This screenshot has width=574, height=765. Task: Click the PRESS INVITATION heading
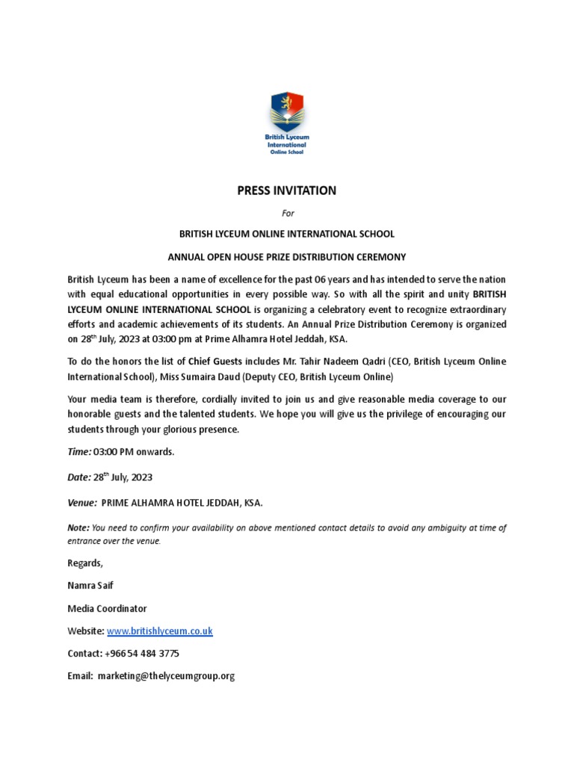tap(287, 191)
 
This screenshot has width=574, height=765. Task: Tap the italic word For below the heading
tap(287, 213)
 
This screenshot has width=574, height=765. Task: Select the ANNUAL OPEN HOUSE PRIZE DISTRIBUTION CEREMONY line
tap(287, 257)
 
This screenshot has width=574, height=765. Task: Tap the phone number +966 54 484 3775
tap(141, 654)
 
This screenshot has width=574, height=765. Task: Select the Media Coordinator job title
tap(107, 608)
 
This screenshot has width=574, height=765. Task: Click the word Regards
tap(85, 563)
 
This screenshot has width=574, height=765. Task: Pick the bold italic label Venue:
tap(81, 503)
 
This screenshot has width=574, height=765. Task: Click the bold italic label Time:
tap(79, 452)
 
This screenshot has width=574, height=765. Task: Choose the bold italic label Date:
tap(79, 477)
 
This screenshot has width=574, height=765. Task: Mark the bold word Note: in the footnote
tap(78, 527)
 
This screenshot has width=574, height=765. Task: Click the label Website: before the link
tap(86, 631)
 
